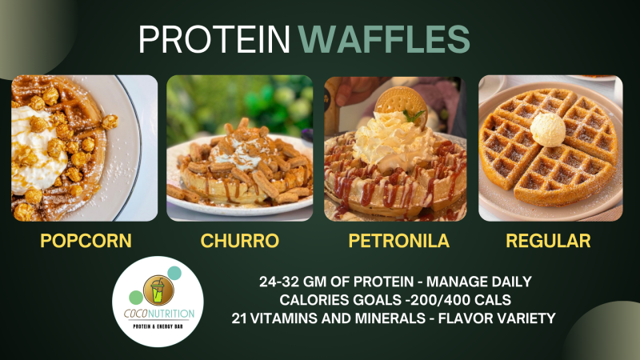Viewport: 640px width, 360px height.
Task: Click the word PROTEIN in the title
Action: click(214, 39)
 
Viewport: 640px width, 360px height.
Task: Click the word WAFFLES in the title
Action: click(384, 39)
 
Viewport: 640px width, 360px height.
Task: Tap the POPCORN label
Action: click(86, 241)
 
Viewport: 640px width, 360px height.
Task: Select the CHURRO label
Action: click(239, 241)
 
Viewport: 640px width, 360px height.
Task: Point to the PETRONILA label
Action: click(398, 241)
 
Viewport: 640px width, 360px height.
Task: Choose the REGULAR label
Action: click(548, 241)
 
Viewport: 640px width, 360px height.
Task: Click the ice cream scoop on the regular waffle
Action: click(548, 130)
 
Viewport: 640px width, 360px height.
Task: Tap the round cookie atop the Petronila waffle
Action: click(402, 104)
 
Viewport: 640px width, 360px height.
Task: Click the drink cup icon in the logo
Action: click(158, 290)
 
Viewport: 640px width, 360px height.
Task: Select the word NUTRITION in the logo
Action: click(171, 314)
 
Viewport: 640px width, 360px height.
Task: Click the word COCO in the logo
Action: click(135, 314)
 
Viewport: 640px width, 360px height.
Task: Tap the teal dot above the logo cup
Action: click(174, 273)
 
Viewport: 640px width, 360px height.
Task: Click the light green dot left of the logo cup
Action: click(136, 298)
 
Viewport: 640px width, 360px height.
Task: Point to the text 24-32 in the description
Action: click(278, 282)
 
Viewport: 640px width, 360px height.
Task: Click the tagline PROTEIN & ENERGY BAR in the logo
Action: click(158, 326)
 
